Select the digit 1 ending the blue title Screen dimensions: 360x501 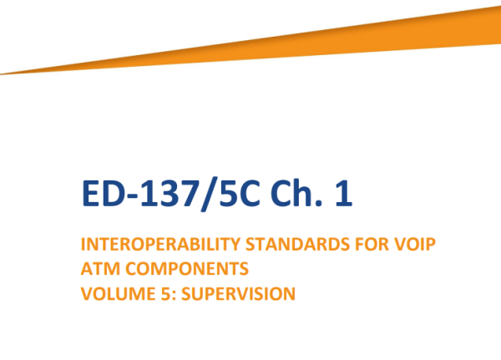342,193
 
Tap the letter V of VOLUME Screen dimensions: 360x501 86,293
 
